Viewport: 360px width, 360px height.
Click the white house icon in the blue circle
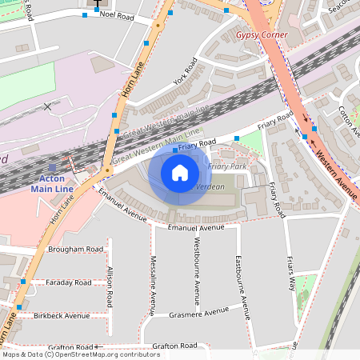click(180, 173)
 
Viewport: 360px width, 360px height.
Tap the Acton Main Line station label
click(52, 184)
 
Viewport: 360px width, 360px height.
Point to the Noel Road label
click(115, 14)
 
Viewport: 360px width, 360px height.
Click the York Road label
click(185, 76)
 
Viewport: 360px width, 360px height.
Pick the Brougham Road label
click(75, 249)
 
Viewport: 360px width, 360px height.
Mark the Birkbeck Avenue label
click(62, 315)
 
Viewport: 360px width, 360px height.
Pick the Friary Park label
click(228, 166)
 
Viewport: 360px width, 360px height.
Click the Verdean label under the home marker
click(210, 186)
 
